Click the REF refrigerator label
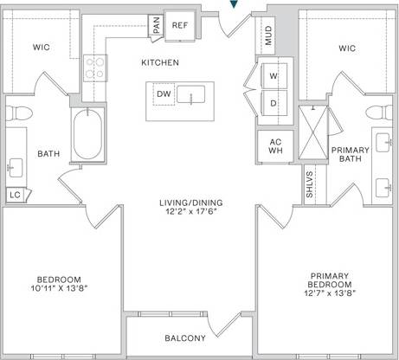tap(179, 25)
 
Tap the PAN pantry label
tap(157, 26)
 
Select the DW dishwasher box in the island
tap(164, 94)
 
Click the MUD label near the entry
tap(268, 36)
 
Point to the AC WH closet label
tap(276, 145)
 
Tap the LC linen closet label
tap(14, 196)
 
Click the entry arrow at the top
tap(231, 5)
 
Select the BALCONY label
tap(185, 338)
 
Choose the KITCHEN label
tap(160, 63)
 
